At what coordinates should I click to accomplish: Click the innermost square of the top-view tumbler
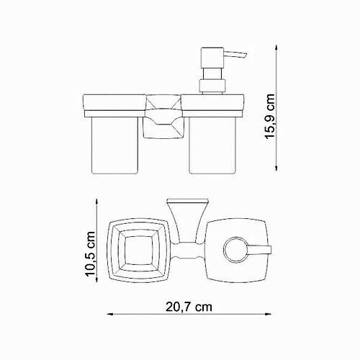click(x=140, y=252)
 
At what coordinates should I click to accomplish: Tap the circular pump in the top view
click(x=233, y=250)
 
